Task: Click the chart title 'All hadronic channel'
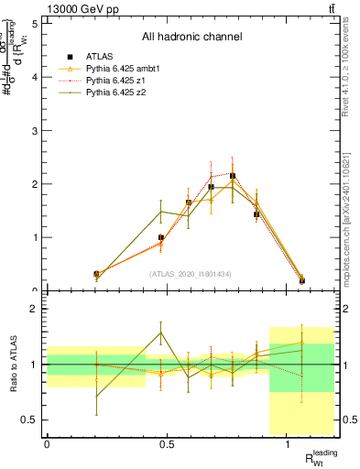[x=191, y=38]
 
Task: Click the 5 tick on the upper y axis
[x=34, y=24]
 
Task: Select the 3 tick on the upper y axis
[x=34, y=131]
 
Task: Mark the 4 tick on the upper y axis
[x=34, y=77]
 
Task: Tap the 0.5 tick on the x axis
[x=167, y=444]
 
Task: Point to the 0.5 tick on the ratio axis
[x=31, y=420]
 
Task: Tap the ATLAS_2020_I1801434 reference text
[x=191, y=274]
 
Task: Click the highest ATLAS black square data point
[x=233, y=175]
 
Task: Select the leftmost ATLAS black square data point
[x=71, y=274]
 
